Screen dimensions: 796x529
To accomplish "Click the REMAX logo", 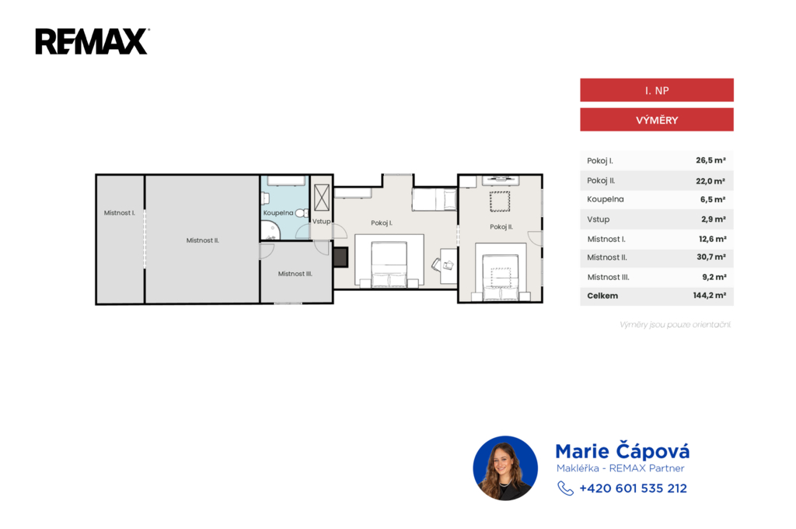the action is [x=92, y=41].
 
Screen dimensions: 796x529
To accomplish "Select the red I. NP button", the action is [x=656, y=90].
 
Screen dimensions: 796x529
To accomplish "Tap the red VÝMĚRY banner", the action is [x=656, y=120].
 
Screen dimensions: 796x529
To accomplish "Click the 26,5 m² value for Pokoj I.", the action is [x=710, y=160].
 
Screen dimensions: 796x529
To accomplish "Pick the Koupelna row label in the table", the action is [x=605, y=199].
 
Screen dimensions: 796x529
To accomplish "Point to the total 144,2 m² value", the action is [x=709, y=296].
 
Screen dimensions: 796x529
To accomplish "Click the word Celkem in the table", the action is [x=602, y=296].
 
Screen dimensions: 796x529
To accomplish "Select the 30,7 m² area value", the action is [x=710, y=257].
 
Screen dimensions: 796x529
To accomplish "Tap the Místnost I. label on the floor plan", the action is [x=119, y=213].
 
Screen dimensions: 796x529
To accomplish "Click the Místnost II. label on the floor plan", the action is [x=203, y=240].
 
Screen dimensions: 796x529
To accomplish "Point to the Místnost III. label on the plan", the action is [x=295, y=273].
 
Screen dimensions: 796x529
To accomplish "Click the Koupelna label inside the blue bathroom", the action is [x=278, y=213].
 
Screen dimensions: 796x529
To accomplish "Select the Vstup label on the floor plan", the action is [x=321, y=221].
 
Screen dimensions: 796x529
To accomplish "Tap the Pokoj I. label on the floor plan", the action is [x=381, y=222].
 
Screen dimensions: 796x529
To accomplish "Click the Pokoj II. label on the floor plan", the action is [x=501, y=226].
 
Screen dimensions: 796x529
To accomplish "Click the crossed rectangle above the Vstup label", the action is [x=322, y=198].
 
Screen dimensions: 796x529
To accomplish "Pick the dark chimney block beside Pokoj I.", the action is [x=340, y=257].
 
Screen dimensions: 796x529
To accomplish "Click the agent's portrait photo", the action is [x=505, y=468].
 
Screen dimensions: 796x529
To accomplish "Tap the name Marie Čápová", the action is [x=623, y=450].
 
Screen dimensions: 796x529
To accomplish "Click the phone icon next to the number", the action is [x=566, y=489].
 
